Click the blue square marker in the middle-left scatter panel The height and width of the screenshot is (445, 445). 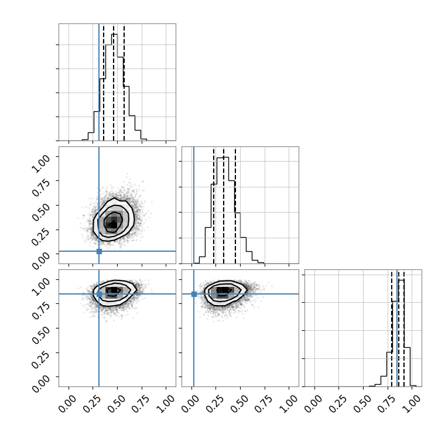99,251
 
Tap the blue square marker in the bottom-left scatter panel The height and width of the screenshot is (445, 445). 99,294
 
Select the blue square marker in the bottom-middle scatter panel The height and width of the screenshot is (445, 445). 194,294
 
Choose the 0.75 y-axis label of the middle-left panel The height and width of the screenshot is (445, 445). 40,188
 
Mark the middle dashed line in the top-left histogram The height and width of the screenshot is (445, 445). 114,83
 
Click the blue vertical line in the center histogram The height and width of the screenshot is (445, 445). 194,205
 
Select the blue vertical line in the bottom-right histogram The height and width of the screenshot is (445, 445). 397,328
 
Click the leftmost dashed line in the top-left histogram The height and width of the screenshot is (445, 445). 104,83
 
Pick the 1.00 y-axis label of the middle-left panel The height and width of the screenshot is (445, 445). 40,163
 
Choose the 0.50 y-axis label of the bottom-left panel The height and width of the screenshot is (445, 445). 40,335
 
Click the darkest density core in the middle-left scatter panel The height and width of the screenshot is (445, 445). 112,224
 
